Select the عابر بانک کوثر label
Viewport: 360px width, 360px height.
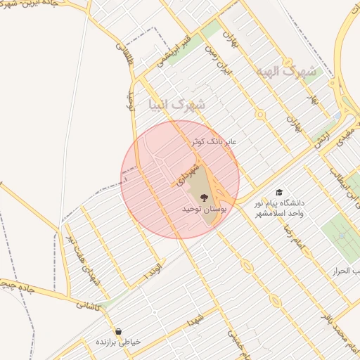point(215,142)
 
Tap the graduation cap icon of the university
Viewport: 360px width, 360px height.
point(279,192)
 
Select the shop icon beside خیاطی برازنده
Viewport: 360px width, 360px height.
point(118,330)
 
